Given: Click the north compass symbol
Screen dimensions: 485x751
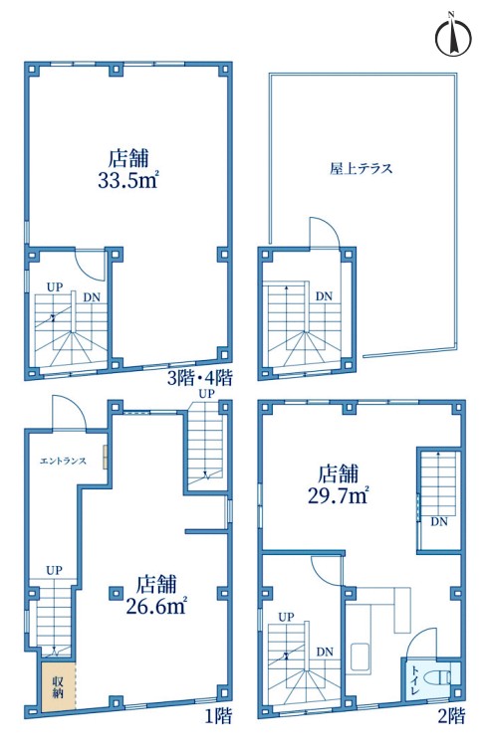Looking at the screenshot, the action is tap(452, 36).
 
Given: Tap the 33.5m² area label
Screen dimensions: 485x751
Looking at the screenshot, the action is tap(128, 181).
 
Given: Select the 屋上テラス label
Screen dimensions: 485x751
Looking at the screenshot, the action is tap(361, 168).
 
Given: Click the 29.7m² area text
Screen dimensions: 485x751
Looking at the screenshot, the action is tap(338, 495).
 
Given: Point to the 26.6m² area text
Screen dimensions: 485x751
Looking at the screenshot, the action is tap(156, 607).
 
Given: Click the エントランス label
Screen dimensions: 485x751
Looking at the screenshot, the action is tap(63, 462).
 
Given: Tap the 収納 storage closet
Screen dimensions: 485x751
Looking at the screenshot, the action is tap(58, 686).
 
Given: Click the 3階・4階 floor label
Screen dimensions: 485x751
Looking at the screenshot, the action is tap(199, 378).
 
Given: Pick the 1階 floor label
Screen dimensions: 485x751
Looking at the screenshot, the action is tap(219, 716).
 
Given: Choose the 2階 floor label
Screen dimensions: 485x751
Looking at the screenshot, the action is tap(451, 716).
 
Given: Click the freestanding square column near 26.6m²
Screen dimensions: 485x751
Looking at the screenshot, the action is tap(115, 593).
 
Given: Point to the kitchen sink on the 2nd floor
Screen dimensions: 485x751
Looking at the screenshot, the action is tap(360, 657).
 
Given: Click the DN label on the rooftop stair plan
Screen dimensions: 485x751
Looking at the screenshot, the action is tap(324, 296).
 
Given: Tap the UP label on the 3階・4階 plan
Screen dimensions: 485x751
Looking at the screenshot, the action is tap(55, 286).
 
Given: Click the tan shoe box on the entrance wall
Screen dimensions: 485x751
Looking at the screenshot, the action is tap(105, 457).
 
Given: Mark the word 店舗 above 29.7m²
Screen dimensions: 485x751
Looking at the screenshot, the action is tap(339, 473).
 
